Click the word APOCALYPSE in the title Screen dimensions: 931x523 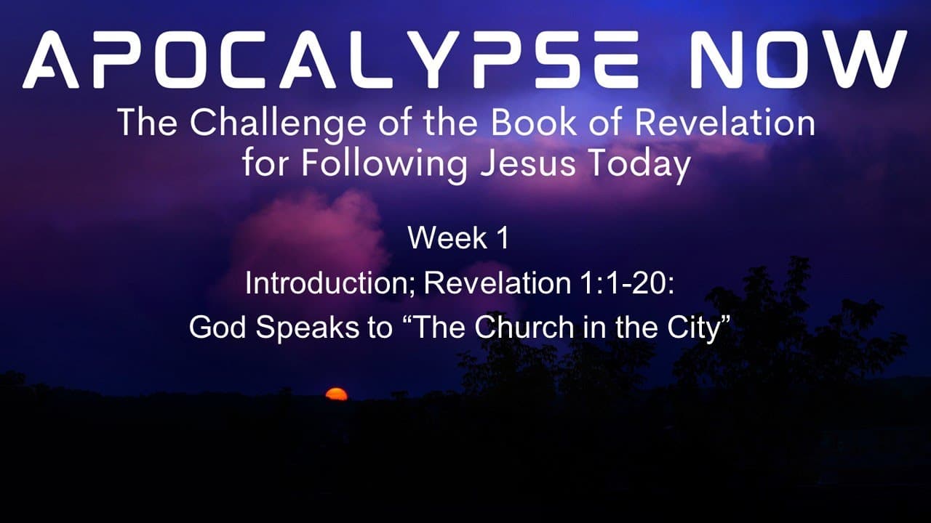pos(330,60)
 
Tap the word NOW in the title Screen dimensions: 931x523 pos(799,60)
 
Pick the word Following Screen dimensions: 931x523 pos(384,164)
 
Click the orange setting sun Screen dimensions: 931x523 pos(336,394)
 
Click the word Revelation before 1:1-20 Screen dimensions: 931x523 pos(498,283)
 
